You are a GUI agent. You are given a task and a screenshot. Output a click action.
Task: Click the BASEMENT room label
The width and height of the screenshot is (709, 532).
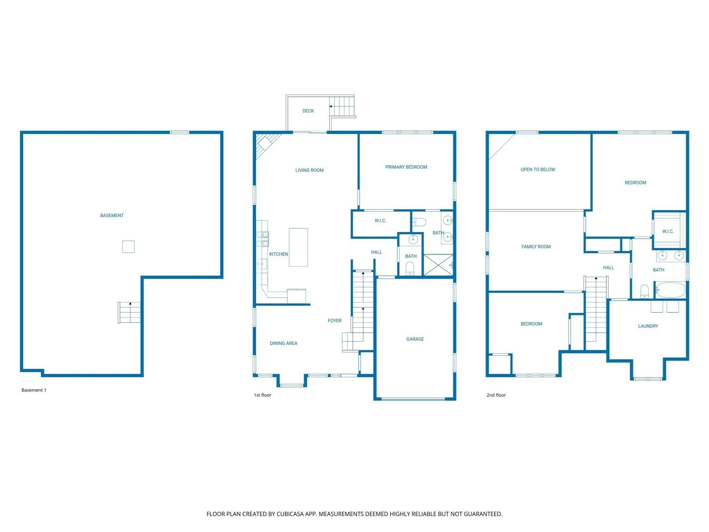(112, 215)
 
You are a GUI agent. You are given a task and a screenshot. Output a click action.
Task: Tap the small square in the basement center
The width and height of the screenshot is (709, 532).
(128, 247)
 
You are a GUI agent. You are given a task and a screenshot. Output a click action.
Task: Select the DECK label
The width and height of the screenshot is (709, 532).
(308, 111)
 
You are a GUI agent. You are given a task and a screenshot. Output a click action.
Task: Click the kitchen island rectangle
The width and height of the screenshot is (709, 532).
(298, 247)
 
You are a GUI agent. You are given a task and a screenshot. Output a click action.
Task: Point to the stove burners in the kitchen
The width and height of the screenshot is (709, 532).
(262, 239)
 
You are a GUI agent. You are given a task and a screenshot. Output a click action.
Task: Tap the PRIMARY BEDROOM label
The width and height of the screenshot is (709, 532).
(406, 167)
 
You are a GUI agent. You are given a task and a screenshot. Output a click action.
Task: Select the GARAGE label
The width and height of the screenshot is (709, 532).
(415, 339)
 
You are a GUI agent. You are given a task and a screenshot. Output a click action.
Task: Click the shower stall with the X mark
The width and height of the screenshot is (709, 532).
(438, 265)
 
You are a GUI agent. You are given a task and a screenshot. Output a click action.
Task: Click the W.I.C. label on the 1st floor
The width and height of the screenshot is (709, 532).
(380, 221)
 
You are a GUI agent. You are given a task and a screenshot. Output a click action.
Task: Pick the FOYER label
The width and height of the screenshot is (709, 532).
(334, 321)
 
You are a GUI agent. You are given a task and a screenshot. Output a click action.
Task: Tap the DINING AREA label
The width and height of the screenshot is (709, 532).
(284, 343)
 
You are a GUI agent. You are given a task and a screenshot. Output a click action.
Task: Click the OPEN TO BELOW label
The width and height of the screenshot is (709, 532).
(538, 169)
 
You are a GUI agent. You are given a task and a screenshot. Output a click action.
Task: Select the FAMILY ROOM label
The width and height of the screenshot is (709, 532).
(536, 247)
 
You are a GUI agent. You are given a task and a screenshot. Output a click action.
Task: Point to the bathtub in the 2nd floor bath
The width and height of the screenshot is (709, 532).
(670, 290)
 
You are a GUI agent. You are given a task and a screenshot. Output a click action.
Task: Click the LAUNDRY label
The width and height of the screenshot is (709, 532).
(648, 326)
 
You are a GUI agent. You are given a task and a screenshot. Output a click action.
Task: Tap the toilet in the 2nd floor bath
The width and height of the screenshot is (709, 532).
(644, 291)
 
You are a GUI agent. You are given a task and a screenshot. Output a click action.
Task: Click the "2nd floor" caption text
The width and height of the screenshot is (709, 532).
(496, 395)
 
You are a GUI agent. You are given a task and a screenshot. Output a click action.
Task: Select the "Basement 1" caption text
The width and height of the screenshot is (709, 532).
(34, 390)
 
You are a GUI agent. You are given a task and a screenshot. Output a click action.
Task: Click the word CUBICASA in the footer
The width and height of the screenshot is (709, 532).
(290, 514)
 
